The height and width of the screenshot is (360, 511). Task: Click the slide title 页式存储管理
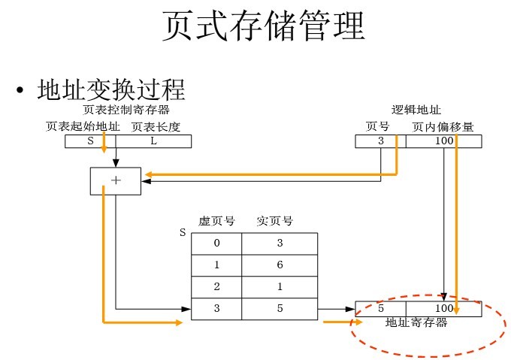point(264,26)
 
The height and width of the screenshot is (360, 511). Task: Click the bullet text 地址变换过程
point(110,90)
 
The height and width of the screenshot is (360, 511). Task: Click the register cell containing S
point(90,141)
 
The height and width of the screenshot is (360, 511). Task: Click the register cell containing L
point(153,141)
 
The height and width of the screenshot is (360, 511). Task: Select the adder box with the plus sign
point(115,181)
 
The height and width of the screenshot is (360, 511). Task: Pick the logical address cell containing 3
point(380,141)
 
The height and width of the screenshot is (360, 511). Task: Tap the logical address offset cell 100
point(443,141)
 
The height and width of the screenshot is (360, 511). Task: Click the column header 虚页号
point(216,221)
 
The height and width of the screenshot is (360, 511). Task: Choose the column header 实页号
point(274,221)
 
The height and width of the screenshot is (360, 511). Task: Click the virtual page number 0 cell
point(216,243)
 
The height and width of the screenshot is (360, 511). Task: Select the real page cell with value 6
point(280,265)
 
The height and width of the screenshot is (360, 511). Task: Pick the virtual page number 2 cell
point(216,287)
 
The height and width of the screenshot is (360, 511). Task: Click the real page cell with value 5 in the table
point(280,309)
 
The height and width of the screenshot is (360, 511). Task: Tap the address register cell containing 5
point(380,309)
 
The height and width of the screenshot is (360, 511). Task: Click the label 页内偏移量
point(443,126)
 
